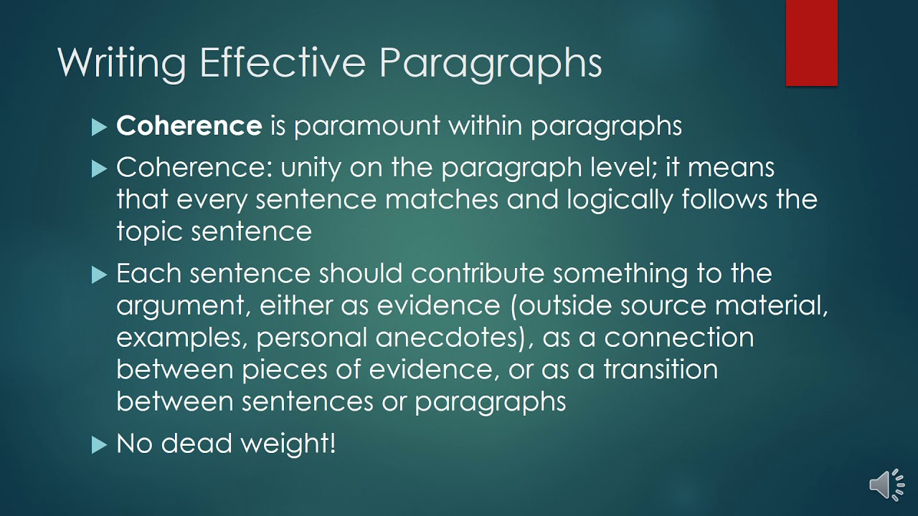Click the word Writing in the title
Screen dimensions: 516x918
click(x=121, y=63)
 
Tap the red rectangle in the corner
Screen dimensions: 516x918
click(x=811, y=43)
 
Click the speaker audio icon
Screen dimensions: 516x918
click(x=886, y=485)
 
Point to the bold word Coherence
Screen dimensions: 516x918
click(x=189, y=126)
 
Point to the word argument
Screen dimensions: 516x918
click(x=181, y=307)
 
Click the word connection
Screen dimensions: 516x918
click(x=678, y=338)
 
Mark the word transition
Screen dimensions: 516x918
click(x=661, y=369)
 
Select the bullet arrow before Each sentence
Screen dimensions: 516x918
click(x=99, y=275)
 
